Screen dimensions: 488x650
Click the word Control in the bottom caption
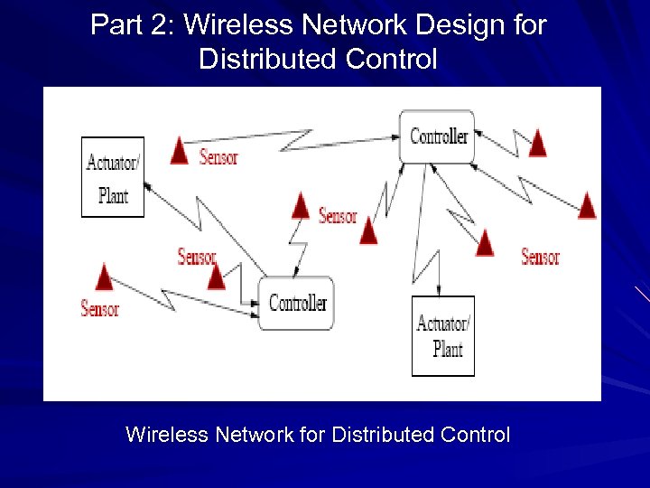475,435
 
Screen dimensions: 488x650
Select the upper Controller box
438,136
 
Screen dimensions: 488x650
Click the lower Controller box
297,304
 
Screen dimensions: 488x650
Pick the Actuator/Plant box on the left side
112,177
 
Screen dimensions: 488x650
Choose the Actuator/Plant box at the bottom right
442,335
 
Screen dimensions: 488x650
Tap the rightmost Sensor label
540,258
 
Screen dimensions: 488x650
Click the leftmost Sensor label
99,309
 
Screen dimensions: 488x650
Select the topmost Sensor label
218,157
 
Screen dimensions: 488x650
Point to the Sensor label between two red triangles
337,216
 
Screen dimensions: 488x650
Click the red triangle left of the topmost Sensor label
180,152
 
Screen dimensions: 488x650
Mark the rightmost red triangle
587,206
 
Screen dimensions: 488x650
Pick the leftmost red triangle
106,277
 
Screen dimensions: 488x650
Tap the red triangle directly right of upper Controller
537,143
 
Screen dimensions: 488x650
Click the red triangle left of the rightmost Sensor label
485,243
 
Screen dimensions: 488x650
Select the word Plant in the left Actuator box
113,196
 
